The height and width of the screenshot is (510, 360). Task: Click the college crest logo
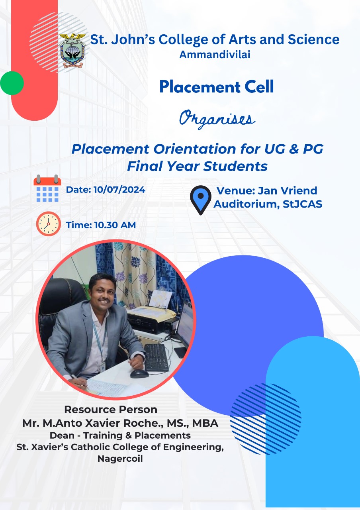[x=72, y=50]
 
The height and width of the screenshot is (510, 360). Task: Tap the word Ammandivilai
[x=215, y=55]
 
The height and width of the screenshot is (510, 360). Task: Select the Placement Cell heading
[x=216, y=87]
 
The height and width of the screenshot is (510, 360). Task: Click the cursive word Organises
[x=217, y=119]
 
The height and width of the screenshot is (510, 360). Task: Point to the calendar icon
[x=47, y=188]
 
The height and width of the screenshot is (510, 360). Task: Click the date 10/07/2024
[x=119, y=190]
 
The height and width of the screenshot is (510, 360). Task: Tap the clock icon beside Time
[x=49, y=224]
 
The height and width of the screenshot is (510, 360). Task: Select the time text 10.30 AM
[x=115, y=225]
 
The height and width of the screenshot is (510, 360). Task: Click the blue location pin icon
[x=201, y=200]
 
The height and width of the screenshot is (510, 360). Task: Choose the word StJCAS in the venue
[x=302, y=204]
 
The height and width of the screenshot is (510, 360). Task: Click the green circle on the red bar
[x=12, y=83]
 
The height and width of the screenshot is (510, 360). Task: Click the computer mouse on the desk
[x=139, y=374]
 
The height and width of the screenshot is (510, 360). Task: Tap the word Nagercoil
[x=120, y=459]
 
